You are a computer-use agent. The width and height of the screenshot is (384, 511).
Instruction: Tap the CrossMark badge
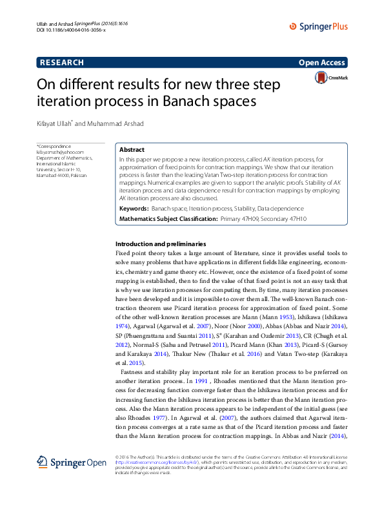(x=330, y=78)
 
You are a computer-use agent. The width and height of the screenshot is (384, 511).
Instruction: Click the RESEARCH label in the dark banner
(x=62, y=63)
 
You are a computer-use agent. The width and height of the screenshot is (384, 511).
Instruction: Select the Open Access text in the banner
(x=323, y=63)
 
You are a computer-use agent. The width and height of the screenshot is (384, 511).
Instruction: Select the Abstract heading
(x=132, y=149)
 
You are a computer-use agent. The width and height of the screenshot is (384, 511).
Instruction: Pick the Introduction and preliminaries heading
(x=160, y=244)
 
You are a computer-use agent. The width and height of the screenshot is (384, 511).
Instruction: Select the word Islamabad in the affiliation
(x=47, y=175)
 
